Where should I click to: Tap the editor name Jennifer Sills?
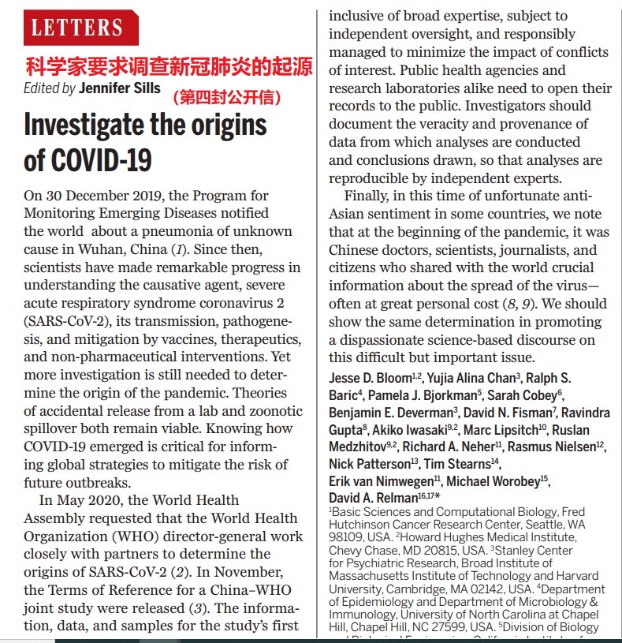tap(119, 88)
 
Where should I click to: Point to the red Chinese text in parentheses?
tap(227, 99)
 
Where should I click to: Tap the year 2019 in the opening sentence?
tap(141, 196)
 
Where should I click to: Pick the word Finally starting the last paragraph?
tap(372, 196)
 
